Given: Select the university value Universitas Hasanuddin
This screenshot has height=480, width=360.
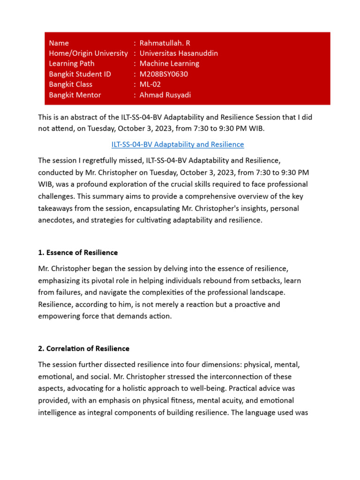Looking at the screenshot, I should [x=179, y=53].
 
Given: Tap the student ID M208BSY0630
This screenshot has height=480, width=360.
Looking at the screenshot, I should [x=163, y=74].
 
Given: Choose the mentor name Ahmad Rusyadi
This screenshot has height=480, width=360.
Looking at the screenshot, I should [x=165, y=95].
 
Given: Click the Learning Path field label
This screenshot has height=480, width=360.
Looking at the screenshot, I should [x=72, y=63].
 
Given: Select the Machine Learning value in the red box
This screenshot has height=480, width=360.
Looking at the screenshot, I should [x=169, y=63].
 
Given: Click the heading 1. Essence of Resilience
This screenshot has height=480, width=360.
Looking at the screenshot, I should [x=78, y=253].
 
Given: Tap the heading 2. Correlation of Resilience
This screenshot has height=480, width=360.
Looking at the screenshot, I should [x=84, y=349].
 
